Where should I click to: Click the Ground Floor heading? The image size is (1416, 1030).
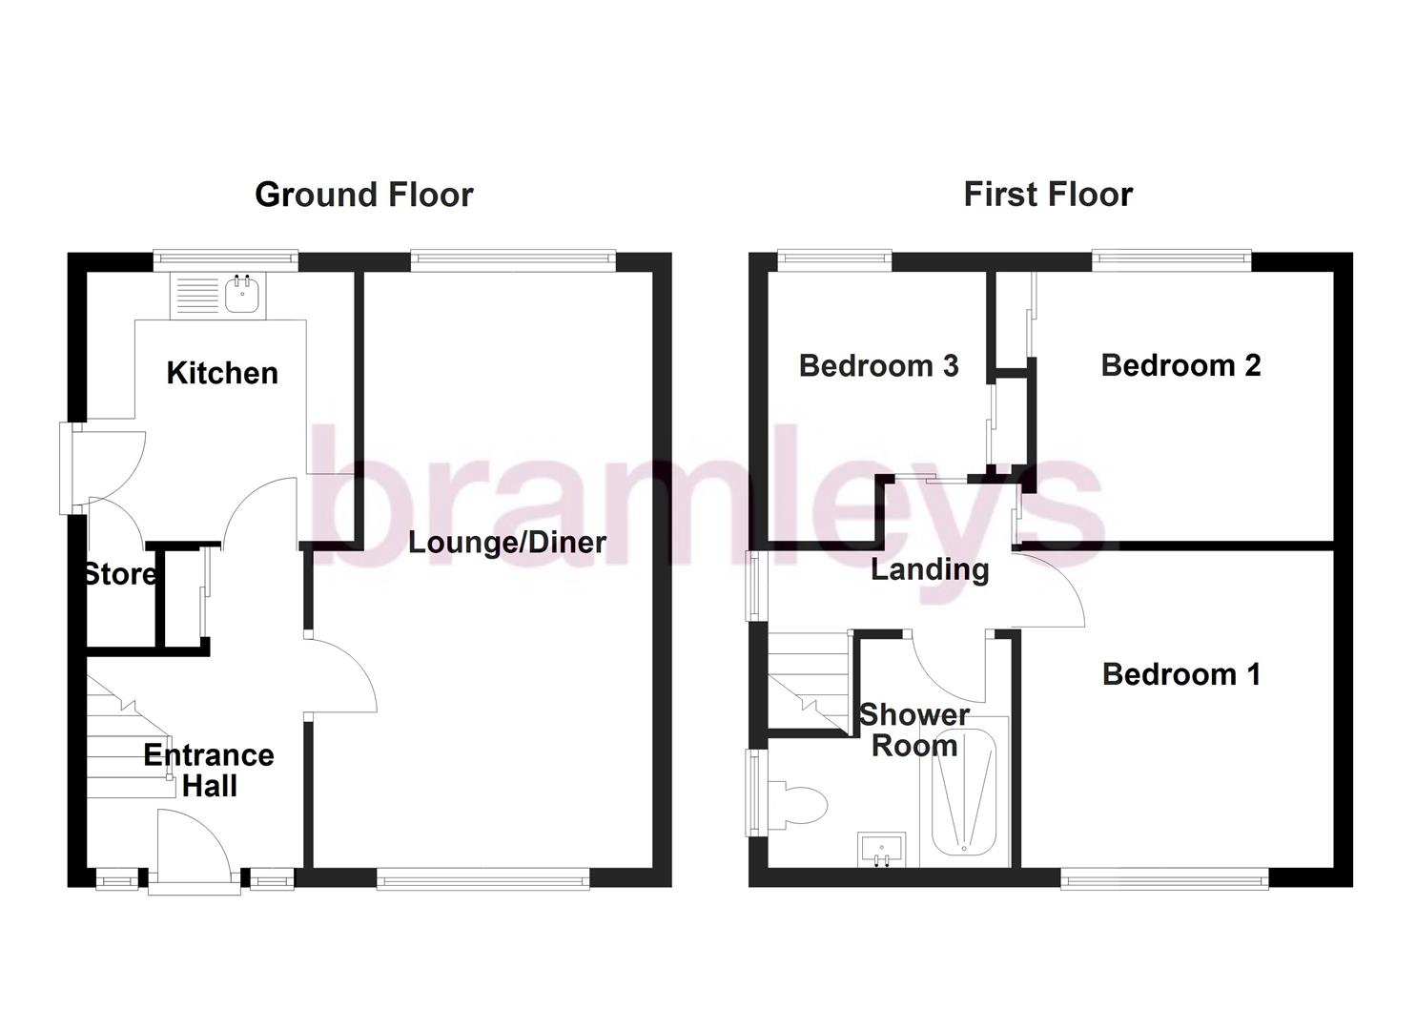coord(363,195)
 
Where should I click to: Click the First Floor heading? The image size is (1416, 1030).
coord(1047,195)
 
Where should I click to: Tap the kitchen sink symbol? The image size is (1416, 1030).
coord(241,295)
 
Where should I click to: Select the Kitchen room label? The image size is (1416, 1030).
coord(222,373)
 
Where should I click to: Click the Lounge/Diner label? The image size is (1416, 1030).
coord(506,543)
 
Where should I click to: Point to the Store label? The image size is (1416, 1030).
coord(119,574)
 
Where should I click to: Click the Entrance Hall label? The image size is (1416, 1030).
coord(209,771)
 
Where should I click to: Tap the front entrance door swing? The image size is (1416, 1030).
coord(192,844)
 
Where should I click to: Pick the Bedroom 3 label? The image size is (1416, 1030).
coord(878,365)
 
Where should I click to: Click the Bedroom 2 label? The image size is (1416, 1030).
coord(1180,365)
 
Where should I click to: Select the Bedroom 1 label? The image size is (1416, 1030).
coord(1180,674)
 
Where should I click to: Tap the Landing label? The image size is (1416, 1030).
coord(929,570)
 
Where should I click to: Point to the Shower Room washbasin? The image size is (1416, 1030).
coord(881,848)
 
